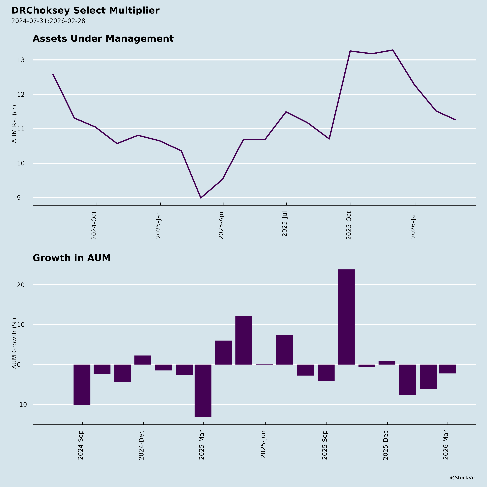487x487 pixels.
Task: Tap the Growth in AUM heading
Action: tap(72, 258)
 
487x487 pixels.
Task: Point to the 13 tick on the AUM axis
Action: tap(21, 60)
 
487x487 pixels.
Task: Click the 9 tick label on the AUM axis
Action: tap(19, 198)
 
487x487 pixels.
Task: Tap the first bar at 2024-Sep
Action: tap(82, 385)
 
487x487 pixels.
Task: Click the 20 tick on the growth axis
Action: tap(21, 285)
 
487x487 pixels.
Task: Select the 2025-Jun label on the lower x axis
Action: tap(263, 444)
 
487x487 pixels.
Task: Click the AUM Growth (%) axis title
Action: tap(15, 343)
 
